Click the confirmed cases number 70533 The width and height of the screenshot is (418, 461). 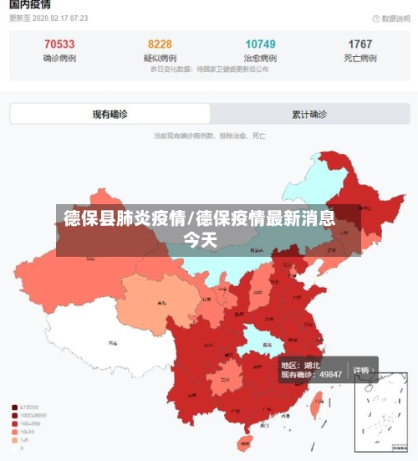(59, 44)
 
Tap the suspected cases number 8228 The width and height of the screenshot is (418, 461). (160, 44)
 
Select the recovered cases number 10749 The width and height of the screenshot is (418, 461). (260, 44)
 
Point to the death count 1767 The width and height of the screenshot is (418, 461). (360, 44)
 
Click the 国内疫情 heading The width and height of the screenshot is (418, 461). (30, 5)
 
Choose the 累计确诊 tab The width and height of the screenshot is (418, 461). (309, 115)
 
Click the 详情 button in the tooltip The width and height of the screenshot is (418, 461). (361, 370)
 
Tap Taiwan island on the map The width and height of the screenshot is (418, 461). (316, 407)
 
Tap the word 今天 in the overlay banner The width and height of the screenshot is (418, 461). (201, 241)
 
